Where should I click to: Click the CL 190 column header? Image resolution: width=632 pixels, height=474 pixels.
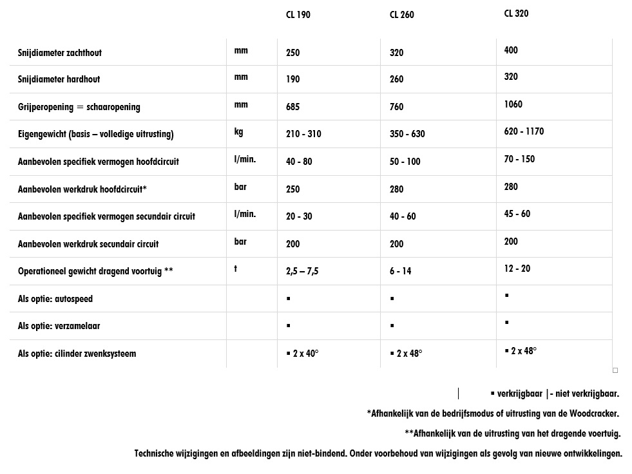coord(298,15)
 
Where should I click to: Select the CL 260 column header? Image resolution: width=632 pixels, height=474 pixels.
coord(401,15)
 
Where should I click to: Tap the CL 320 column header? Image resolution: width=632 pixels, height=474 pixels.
coord(516,13)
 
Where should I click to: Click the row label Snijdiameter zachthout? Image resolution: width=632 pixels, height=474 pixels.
coord(60,52)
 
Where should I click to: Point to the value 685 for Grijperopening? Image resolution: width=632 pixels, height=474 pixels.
coord(293,107)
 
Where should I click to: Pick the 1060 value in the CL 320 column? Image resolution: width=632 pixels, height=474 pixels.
coord(513,104)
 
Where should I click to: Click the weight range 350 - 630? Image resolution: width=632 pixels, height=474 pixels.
coord(407,134)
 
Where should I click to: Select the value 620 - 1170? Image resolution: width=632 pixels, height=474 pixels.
coord(524,131)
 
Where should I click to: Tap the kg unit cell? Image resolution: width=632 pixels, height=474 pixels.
coord(239,131)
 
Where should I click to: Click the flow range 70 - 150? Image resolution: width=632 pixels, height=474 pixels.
coord(519,159)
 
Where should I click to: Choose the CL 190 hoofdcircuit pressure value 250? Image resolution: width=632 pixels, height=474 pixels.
coord(293,189)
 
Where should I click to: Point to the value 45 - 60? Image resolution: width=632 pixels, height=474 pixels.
coord(517,214)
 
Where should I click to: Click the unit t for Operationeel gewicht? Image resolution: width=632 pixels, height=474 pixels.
coord(236,269)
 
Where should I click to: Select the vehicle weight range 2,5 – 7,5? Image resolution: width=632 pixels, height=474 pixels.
coord(302,271)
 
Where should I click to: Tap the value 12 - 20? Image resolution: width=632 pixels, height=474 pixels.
coord(517,269)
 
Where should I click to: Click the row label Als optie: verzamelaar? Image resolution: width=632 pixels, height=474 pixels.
coord(59,326)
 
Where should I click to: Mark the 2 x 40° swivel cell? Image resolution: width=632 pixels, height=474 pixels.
coord(303,354)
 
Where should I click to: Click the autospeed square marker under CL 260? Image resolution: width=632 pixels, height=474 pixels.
coord(392,299)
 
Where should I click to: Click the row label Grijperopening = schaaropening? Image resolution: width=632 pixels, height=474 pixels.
coord(79,107)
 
